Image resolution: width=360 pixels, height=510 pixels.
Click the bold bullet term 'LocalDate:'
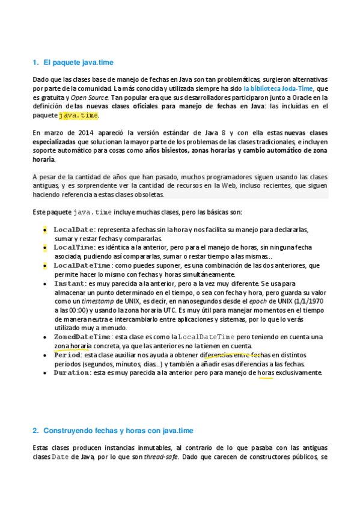tap(74, 230)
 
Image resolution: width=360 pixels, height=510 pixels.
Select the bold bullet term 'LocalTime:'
tap(74, 247)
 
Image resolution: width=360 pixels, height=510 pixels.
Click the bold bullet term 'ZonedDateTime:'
tap(82, 337)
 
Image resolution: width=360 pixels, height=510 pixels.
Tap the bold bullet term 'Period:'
tap(68, 355)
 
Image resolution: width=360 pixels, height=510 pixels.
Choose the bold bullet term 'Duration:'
tap(72, 373)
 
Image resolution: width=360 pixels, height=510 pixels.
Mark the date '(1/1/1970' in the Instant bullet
tap(308, 301)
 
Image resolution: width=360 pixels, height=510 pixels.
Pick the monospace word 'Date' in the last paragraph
tap(60, 458)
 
